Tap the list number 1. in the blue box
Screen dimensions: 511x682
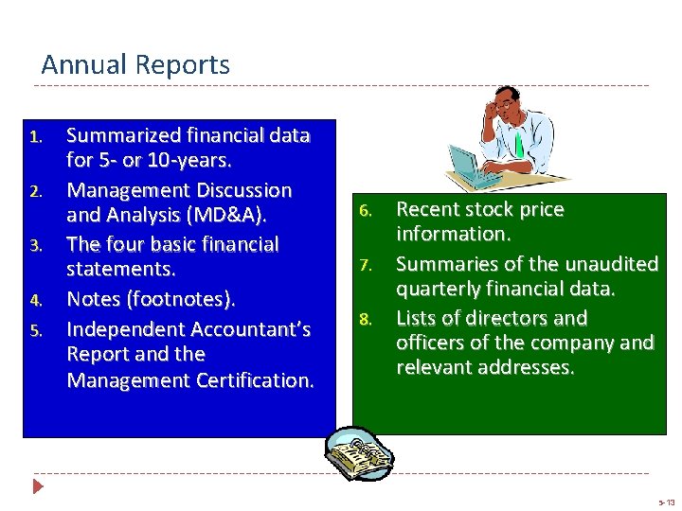point(35,137)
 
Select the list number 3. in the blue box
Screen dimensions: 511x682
point(35,246)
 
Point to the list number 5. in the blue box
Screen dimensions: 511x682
point(35,330)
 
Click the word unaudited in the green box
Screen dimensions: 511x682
point(607,263)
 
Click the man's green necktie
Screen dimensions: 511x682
point(519,144)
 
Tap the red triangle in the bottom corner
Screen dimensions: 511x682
point(38,487)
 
